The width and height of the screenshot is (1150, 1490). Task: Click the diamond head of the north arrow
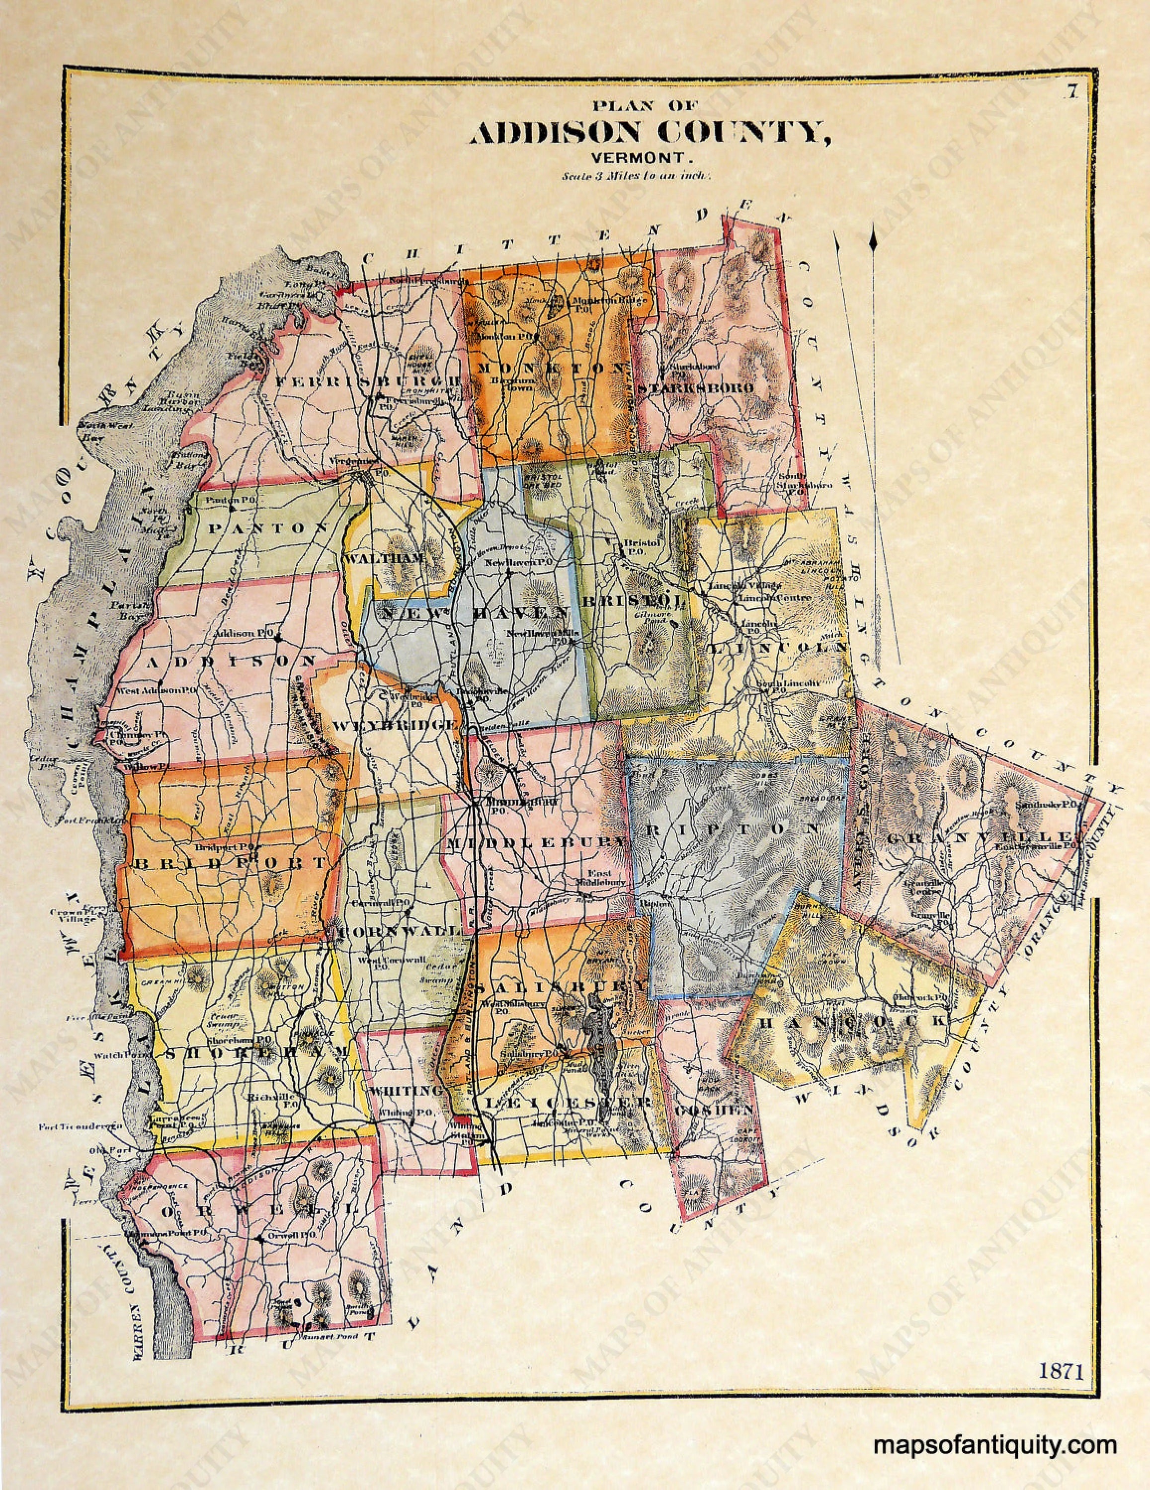point(872,240)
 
